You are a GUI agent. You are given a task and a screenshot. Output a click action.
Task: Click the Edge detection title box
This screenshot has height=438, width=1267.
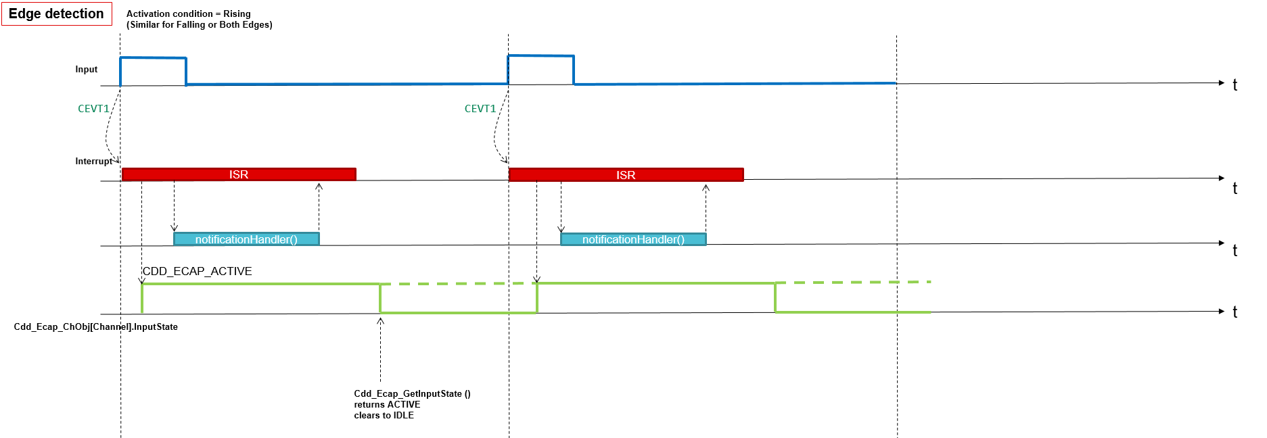(56, 14)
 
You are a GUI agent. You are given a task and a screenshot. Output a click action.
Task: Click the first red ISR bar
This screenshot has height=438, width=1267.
(239, 174)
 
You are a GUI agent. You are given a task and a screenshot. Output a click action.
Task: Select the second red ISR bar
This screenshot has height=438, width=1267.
(626, 175)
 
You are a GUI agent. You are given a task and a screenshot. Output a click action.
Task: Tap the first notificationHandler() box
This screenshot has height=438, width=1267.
(246, 239)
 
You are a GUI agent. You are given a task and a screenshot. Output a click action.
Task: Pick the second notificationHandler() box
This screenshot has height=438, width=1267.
(633, 239)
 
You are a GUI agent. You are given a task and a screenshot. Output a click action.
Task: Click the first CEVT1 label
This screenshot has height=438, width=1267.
(93, 109)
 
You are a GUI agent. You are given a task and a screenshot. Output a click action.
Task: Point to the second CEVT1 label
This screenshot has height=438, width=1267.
(480, 109)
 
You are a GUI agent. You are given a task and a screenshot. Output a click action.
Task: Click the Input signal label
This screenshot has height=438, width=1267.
(87, 70)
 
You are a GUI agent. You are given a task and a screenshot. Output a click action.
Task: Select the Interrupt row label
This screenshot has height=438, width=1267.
(93, 162)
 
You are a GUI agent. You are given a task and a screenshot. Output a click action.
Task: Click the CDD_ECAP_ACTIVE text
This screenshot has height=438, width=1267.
(197, 271)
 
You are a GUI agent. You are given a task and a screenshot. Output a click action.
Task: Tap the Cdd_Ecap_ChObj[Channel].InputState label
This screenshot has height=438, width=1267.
(96, 327)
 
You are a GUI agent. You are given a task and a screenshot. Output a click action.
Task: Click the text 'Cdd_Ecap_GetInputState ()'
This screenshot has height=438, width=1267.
(412, 394)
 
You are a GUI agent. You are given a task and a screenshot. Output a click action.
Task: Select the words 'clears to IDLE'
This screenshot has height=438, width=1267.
(384, 416)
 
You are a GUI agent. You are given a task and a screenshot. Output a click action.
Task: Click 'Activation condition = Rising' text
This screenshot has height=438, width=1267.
(188, 14)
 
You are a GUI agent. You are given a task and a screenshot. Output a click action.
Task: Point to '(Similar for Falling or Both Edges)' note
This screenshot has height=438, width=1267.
(200, 25)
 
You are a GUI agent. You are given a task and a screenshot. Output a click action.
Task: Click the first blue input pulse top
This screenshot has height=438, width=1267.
(153, 58)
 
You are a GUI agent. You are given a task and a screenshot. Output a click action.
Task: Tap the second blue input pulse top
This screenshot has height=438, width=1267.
(541, 56)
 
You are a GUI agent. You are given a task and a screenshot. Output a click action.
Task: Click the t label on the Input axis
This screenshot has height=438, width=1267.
(1235, 85)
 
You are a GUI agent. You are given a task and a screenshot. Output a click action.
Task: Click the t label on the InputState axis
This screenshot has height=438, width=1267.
(1235, 312)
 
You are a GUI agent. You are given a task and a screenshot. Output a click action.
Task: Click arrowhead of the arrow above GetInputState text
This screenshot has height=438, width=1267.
(380, 320)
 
